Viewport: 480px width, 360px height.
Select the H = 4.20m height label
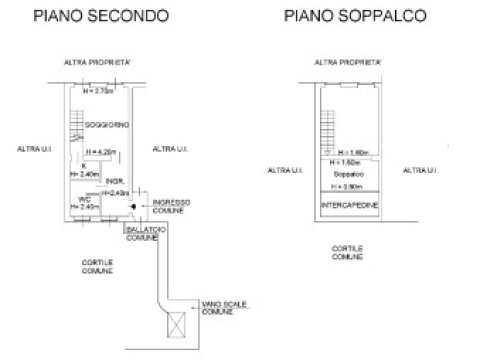[102, 152]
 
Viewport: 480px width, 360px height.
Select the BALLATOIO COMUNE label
[141, 232]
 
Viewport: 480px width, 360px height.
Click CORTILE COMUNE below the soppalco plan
[346, 251]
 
